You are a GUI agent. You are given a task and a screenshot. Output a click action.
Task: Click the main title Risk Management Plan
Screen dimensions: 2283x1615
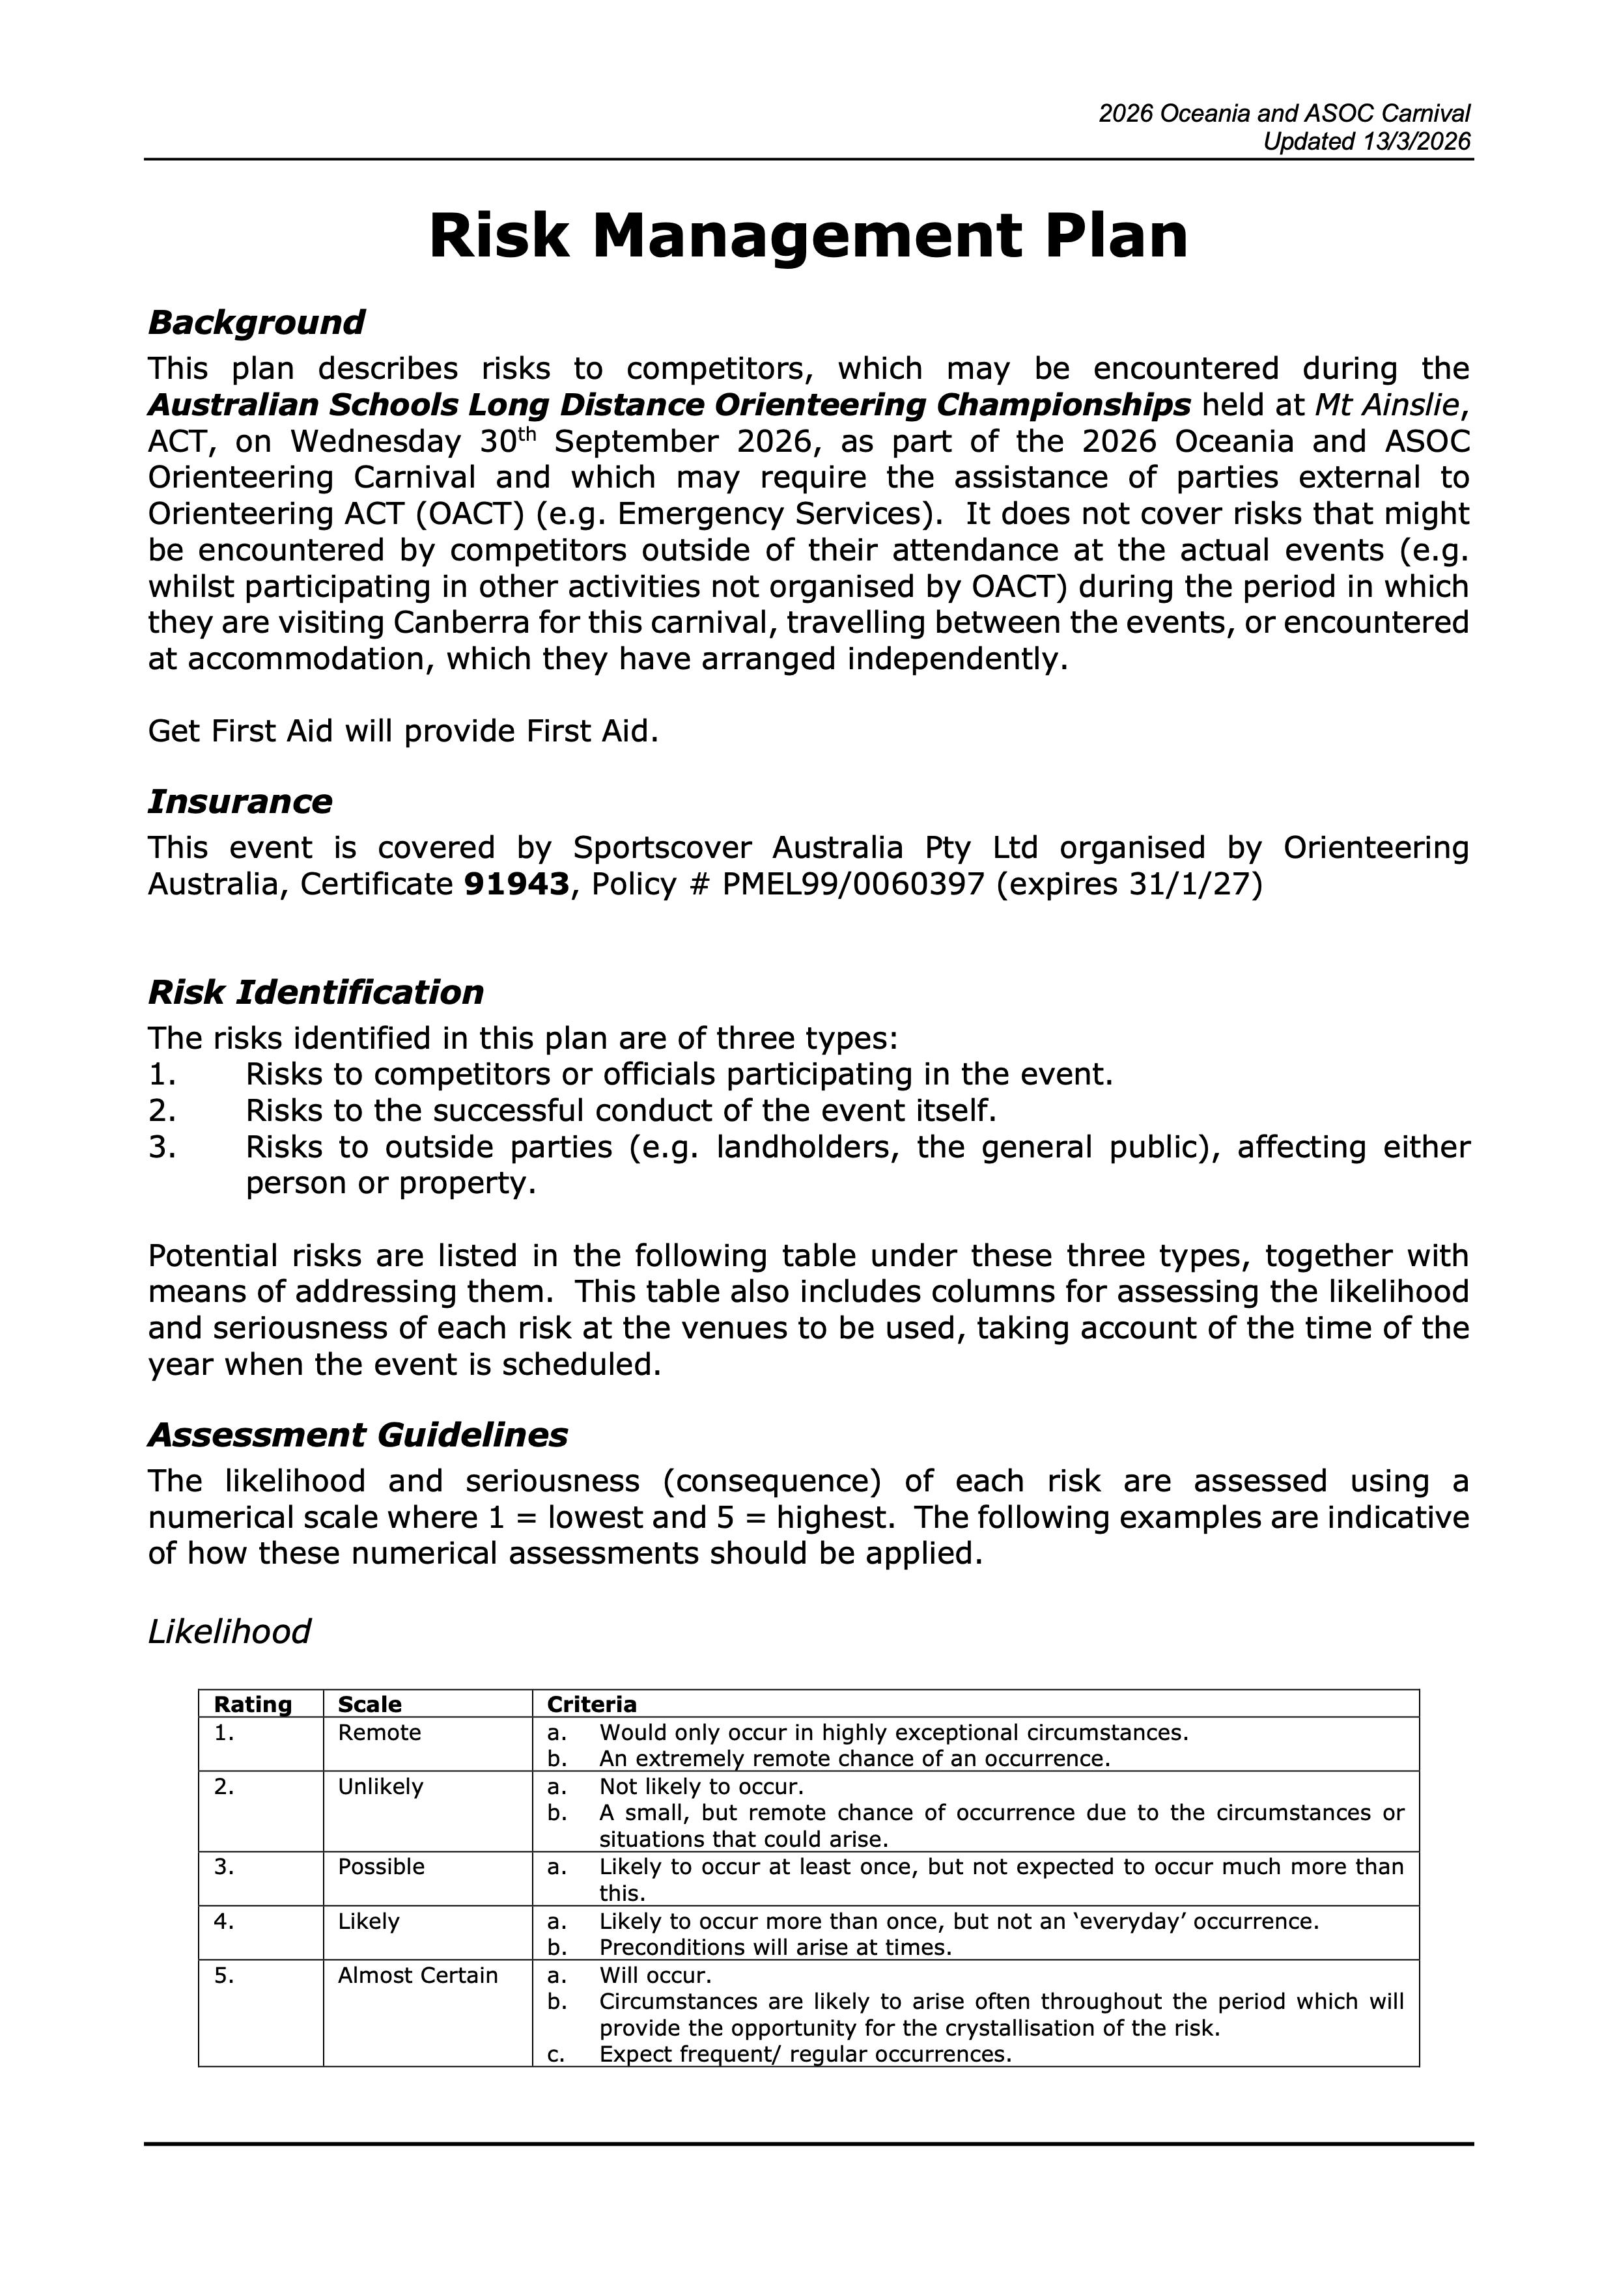[807, 237]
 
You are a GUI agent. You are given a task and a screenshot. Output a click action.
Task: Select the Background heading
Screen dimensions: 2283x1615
[255, 322]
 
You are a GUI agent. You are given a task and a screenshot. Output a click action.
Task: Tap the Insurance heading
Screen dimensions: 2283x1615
[240, 801]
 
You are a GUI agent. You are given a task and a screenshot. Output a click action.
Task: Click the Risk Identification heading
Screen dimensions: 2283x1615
[315, 992]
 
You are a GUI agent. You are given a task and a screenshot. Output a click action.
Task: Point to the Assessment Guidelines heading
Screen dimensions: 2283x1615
[357, 1435]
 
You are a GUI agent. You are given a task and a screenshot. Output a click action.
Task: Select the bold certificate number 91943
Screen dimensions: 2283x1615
[517, 884]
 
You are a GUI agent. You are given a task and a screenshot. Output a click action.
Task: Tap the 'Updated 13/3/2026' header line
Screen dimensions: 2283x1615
[1366, 141]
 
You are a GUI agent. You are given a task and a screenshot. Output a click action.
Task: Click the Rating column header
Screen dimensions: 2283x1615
[253, 1704]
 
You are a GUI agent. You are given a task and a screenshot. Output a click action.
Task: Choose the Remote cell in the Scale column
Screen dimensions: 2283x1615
[380, 1733]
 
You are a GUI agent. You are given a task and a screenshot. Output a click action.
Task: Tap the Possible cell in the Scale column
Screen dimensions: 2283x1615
[381, 1868]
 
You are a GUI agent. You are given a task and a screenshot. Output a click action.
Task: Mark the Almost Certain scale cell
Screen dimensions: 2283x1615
[417, 1976]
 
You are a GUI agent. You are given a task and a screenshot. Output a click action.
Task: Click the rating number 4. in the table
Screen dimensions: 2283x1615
[224, 1922]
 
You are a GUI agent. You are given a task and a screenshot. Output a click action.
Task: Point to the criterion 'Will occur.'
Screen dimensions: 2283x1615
[655, 1976]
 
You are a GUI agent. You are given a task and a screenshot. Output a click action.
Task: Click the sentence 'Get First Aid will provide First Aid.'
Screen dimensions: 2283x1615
[402, 732]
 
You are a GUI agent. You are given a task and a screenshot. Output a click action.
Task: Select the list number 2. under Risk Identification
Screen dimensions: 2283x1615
[162, 1111]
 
